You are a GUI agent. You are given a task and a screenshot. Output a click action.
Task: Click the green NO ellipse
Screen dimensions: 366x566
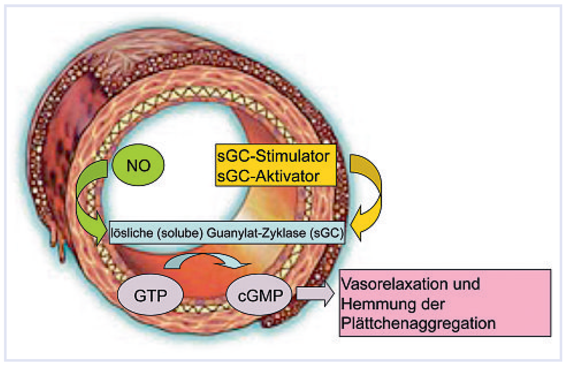138,165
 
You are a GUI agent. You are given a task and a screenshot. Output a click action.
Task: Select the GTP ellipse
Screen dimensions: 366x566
150,295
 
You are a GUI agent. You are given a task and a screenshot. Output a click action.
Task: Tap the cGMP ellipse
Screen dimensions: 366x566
259,295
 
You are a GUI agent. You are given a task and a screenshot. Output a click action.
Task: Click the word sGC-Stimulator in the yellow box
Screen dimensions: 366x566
273,156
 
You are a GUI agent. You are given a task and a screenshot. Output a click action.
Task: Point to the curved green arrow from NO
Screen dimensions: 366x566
86,202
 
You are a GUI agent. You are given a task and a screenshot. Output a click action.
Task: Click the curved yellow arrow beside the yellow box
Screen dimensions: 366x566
371,196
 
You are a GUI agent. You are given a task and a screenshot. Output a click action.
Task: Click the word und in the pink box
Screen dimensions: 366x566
466,284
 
